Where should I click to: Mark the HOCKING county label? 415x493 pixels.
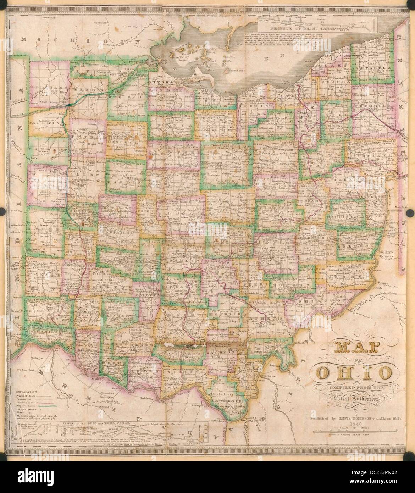pyautogui.click(x=223, y=314)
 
